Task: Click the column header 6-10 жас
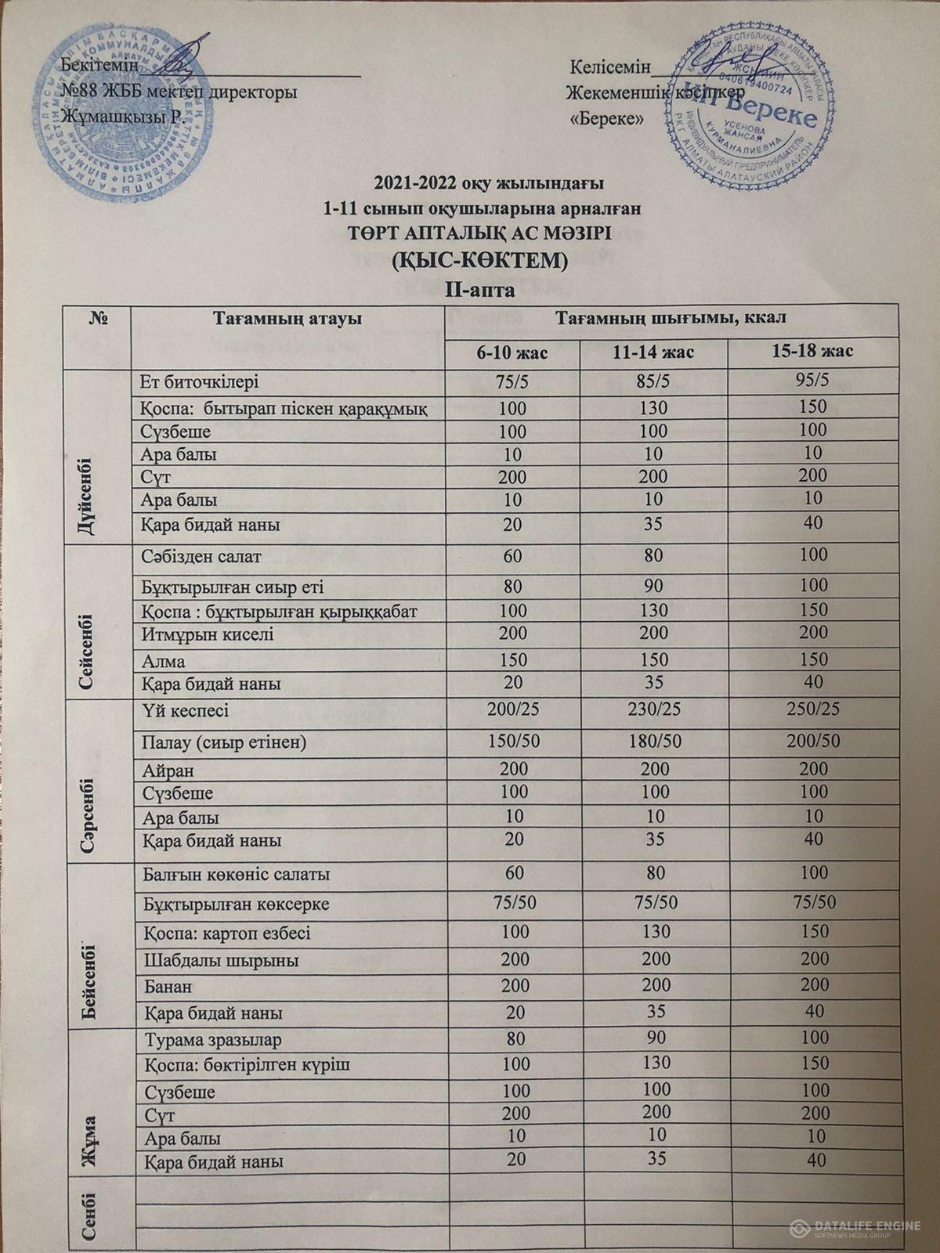pyautogui.click(x=512, y=351)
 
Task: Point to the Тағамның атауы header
pyautogui.click(x=287, y=319)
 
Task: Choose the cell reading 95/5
pyautogui.click(x=815, y=381)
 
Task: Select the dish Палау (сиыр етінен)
pyautogui.click(x=224, y=742)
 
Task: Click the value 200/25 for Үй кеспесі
pyautogui.click(x=512, y=711)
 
